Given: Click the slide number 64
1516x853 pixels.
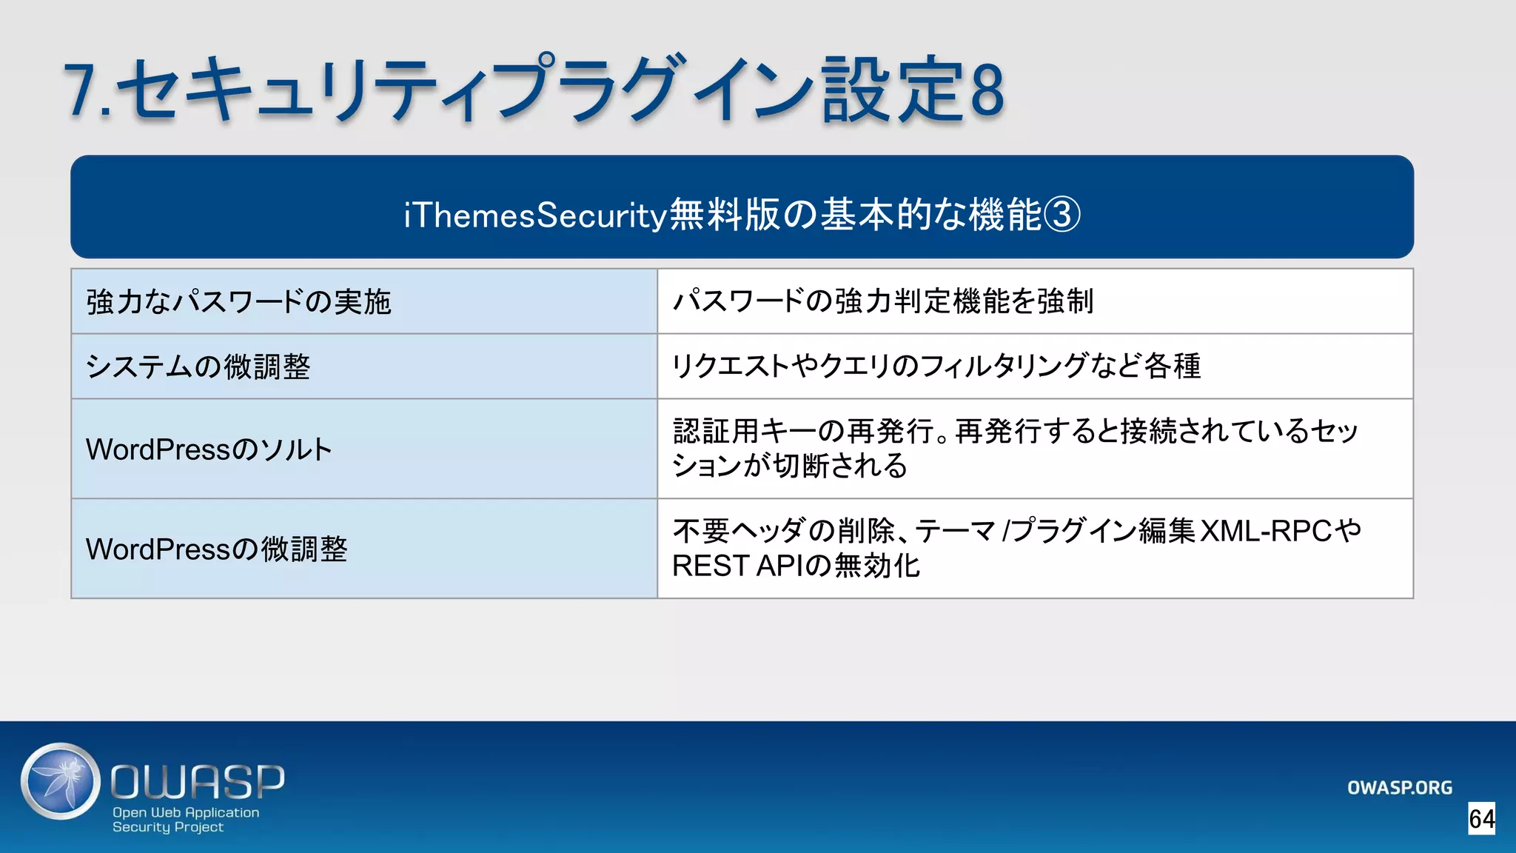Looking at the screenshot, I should coord(1482,819).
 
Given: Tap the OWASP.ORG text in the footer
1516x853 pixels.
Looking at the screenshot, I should coord(1399,788).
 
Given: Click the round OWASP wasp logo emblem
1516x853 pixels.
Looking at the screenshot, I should coord(61,781).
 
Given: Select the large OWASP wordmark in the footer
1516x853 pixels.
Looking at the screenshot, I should coord(198,782).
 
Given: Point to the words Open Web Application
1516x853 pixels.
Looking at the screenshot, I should coord(186,812).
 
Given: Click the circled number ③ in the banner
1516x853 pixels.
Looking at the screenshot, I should coord(1061,215).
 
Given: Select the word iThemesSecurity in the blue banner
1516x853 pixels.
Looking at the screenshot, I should coord(535,215).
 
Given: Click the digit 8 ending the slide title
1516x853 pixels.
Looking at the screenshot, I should coord(987,90).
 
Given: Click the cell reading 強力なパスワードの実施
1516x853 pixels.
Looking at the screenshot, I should coord(238,302).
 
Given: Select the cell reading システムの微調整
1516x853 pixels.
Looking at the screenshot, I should coord(198,367).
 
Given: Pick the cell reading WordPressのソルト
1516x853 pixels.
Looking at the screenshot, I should coord(209,449).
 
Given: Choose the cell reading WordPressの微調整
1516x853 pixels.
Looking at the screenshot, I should coord(216,549).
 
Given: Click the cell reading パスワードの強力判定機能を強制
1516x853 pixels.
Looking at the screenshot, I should coord(882,301).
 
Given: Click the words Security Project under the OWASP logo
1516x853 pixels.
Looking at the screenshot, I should coord(168,827).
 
